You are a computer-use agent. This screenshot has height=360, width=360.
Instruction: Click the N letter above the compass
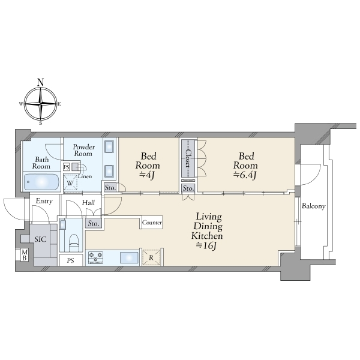point(41,82)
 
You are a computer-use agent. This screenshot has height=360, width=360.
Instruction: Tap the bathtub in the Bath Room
point(41,182)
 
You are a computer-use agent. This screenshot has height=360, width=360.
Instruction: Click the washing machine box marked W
point(70,183)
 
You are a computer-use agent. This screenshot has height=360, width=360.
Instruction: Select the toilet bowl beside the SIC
point(74,242)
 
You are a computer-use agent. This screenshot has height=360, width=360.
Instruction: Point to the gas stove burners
point(96,257)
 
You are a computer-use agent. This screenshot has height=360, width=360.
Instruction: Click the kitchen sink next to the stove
point(129,257)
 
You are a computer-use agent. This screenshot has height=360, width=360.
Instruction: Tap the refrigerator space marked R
point(151,257)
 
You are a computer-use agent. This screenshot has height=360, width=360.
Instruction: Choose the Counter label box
point(152,222)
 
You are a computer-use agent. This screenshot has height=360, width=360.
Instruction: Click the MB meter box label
point(25,255)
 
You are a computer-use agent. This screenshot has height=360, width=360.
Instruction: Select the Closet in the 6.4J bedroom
point(188,158)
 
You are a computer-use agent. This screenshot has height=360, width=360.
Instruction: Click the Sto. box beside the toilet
point(94,223)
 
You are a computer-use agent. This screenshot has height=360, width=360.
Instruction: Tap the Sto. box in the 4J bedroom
point(110,188)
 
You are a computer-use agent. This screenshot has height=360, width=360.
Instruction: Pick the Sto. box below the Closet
point(188,188)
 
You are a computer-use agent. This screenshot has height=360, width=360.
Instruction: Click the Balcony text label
point(313,206)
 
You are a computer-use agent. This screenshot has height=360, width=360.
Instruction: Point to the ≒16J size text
point(206,246)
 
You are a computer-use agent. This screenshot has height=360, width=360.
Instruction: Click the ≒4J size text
point(148,175)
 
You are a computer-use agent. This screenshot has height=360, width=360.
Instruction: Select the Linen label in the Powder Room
point(85,176)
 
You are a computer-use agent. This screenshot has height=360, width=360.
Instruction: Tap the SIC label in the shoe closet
point(41,239)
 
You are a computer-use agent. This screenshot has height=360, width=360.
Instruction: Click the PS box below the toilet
point(71,260)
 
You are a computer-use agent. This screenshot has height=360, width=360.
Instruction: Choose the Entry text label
point(44,201)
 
